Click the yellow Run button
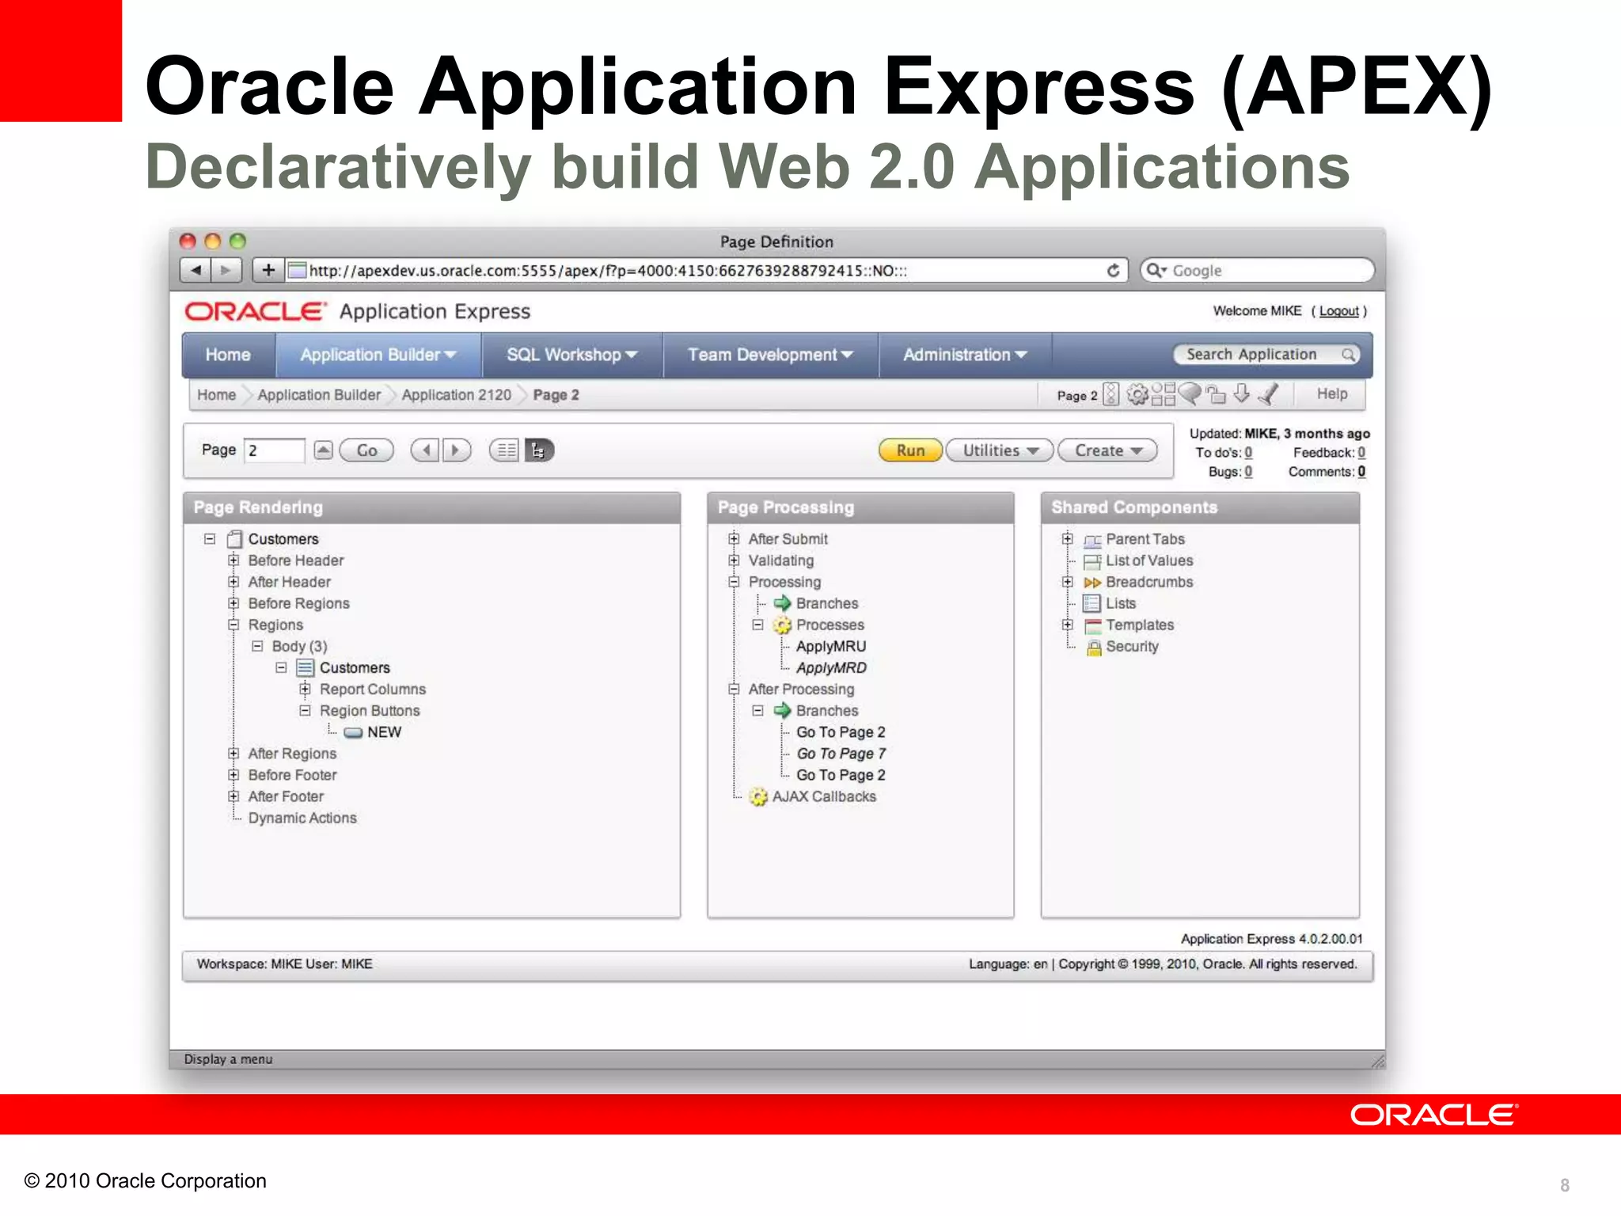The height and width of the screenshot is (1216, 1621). click(910, 450)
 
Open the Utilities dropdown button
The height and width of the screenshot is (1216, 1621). click(999, 450)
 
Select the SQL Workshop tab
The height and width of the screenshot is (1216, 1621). click(571, 355)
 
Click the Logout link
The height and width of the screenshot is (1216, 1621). click(1338, 311)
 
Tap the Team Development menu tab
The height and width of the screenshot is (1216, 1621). click(769, 355)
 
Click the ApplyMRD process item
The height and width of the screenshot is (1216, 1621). click(830, 667)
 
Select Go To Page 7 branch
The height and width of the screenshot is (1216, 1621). click(841, 754)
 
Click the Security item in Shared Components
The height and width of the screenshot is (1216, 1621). click(1132, 646)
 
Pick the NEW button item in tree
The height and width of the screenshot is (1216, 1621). click(383, 732)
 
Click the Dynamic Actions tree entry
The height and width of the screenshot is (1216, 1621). click(302, 818)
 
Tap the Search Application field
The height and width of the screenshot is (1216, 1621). click(1258, 355)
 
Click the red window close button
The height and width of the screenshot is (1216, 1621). click(188, 241)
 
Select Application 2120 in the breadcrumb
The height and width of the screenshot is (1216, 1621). click(456, 394)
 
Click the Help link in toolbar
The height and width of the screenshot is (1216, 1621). click(1331, 393)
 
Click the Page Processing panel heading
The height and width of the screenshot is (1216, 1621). click(785, 507)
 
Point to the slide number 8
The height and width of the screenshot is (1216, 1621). click(1564, 1185)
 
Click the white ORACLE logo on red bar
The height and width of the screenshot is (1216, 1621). click(1433, 1115)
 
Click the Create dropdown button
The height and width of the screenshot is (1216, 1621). click(1107, 450)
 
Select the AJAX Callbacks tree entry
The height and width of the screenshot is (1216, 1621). click(823, 796)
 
